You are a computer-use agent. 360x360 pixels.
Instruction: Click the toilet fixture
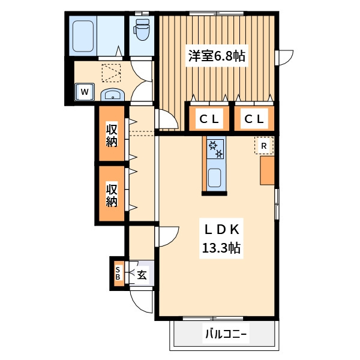click(x=141, y=29)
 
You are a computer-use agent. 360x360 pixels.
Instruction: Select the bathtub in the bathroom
click(x=83, y=36)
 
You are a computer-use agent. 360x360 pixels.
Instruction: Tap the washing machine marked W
click(x=85, y=92)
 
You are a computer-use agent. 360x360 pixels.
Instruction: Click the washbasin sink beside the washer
click(x=113, y=95)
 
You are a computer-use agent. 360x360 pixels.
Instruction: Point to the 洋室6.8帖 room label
click(x=217, y=56)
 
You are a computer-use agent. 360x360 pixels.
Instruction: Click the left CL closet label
click(x=209, y=119)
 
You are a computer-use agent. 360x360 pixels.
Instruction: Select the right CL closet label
click(x=254, y=119)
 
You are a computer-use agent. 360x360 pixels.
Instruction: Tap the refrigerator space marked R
click(x=264, y=146)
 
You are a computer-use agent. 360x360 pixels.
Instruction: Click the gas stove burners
click(x=215, y=149)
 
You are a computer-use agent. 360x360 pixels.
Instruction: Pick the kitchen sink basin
click(x=214, y=178)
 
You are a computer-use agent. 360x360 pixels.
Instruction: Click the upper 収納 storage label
click(x=112, y=136)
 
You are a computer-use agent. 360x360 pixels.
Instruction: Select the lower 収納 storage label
click(x=112, y=195)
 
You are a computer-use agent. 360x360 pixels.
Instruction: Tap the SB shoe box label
click(x=118, y=273)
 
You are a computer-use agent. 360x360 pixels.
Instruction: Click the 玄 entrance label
click(x=142, y=275)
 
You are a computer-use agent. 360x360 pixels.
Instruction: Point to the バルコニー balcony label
click(x=226, y=334)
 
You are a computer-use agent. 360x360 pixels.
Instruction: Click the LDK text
click(x=222, y=230)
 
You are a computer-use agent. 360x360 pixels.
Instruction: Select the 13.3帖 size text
click(x=221, y=248)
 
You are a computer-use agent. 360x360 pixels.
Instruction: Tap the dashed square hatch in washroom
click(x=112, y=73)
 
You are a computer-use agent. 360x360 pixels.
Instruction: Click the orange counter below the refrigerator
click(x=267, y=170)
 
